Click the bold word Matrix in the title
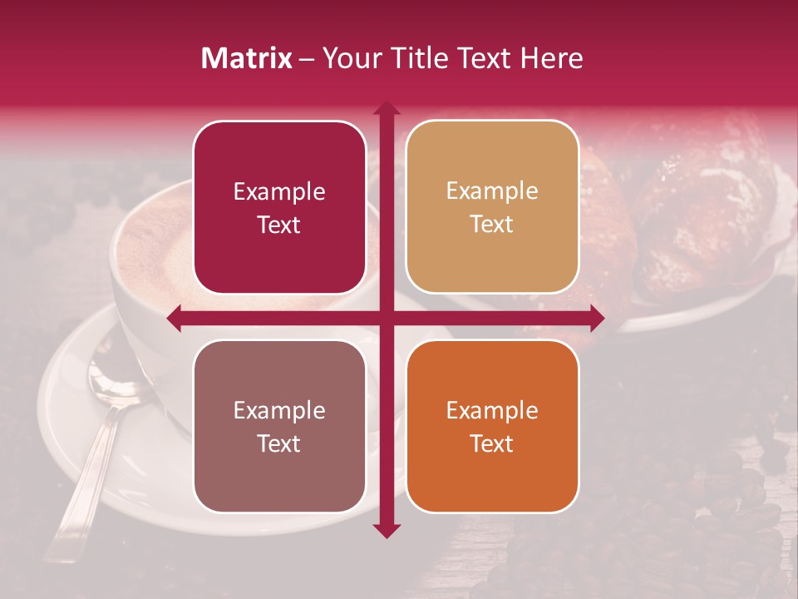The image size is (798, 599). [x=247, y=58]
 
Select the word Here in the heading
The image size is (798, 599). [x=552, y=58]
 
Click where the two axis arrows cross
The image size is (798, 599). [x=386, y=318]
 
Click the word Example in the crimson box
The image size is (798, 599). [x=279, y=192]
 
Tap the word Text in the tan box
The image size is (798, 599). [x=492, y=225]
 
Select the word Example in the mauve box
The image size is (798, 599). [x=279, y=411]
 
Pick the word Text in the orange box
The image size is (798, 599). [x=492, y=444]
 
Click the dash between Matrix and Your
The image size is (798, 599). [x=307, y=59]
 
